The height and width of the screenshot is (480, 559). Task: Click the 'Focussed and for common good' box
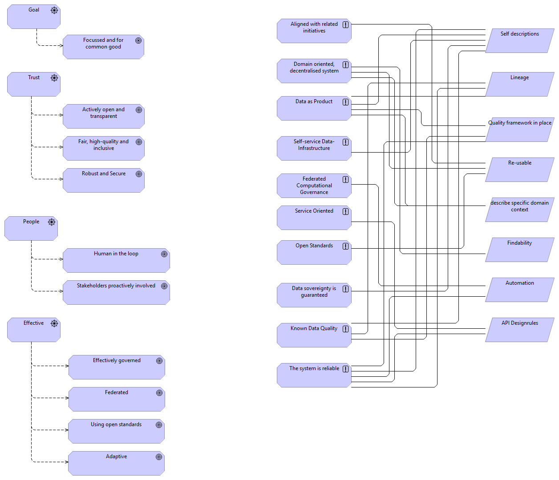tap(103, 47)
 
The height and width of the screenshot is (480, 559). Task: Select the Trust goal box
tap(34, 84)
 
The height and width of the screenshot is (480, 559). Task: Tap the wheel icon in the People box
tap(52, 222)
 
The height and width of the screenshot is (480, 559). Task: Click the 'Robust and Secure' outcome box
tap(104, 180)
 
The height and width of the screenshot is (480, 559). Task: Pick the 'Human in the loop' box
tap(116, 260)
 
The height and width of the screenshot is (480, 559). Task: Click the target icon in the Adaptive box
tap(159, 457)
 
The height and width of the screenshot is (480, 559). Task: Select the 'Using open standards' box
tap(116, 431)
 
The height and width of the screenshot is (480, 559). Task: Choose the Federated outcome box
tap(117, 399)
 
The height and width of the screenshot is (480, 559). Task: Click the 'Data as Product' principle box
tap(314, 108)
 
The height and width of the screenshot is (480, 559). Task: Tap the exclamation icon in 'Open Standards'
tap(345, 246)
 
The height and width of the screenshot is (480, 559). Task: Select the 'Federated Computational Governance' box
tap(314, 186)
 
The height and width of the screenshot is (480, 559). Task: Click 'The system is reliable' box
tap(314, 375)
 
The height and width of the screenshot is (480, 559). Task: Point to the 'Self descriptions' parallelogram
tap(519, 40)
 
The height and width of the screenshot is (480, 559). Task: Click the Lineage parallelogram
tap(519, 84)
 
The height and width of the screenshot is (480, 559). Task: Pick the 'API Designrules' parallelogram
tap(519, 330)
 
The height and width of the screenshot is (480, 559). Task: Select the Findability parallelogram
tap(519, 250)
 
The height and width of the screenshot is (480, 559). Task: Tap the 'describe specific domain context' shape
tap(519, 210)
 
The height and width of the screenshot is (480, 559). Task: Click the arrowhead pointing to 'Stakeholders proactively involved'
tap(61, 291)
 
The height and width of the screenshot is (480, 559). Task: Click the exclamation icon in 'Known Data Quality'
tap(345, 329)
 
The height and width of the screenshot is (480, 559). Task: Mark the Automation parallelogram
tap(519, 290)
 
